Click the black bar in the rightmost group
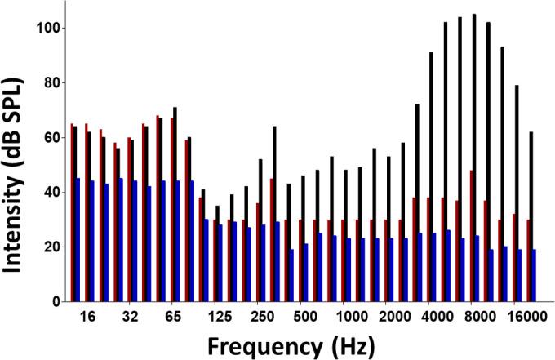point(531,216)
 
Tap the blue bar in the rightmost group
point(535,275)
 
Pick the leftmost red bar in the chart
point(72,212)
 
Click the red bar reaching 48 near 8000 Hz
point(471,237)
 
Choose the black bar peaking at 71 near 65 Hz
point(175,204)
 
